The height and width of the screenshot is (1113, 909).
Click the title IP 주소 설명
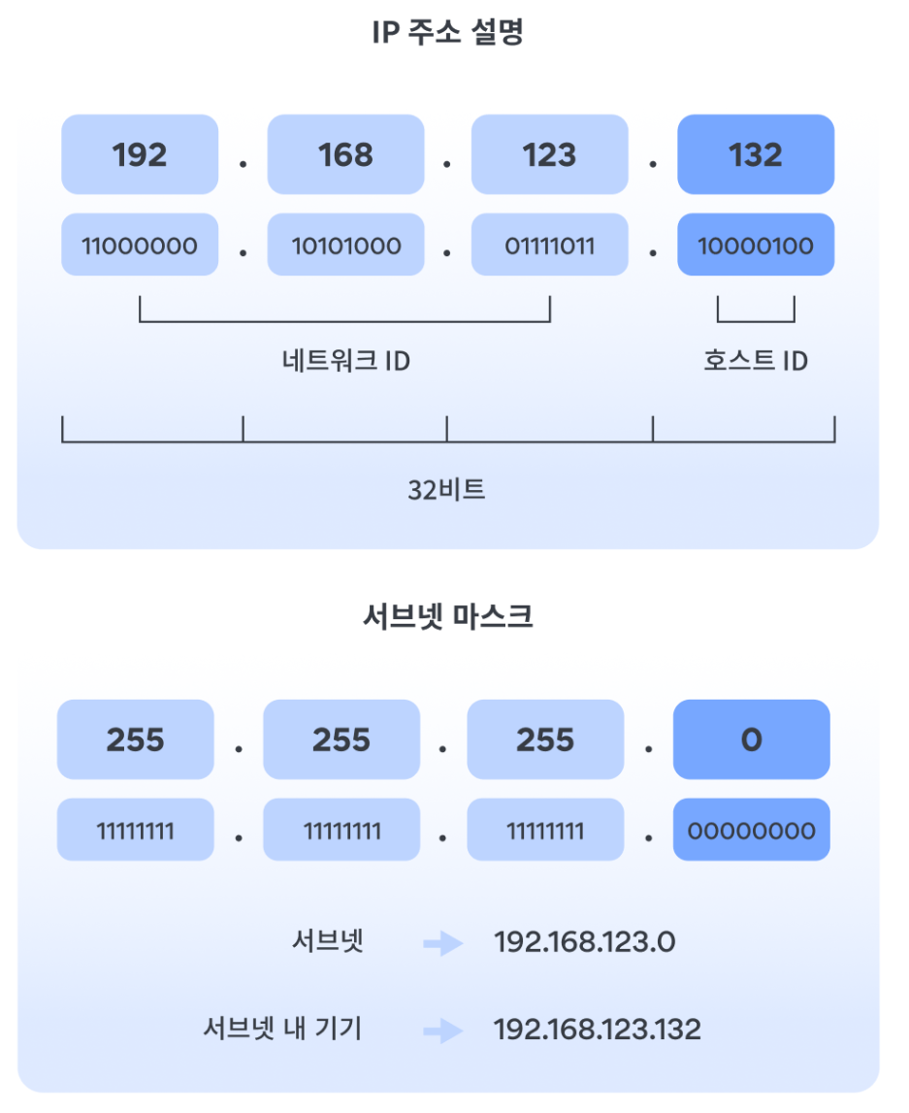pyautogui.click(x=447, y=33)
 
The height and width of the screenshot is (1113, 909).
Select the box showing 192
pyautogui.click(x=140, y=155)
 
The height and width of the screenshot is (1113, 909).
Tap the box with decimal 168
pyautogui.click(x=345, y=155)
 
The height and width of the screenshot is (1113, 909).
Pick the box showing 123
pyautogui.click(x=550, y=155)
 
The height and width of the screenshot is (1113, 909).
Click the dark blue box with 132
pyautogui.click(x=756, y=155)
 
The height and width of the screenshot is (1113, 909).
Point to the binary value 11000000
pyautogui.click(x=140, y=246)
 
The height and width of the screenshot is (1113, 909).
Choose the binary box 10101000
pyautogui.click(x=345, y=246)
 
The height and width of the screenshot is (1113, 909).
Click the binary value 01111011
pyautogui.click(x=550, y=246)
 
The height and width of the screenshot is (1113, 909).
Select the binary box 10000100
pyautogui.click(x=756, y=246)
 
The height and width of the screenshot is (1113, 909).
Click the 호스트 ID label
pyautogui.click(x=756, y=361)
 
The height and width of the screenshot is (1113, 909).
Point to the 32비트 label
pyautogui.click(x=446, y=489)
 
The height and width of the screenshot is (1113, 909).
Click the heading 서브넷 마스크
pyautogui.click(x=447, y=617)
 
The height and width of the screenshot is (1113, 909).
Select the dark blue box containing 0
pyautogui.click(x=752, y=740)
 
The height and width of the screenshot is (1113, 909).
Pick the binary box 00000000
pyautogui.click(x=752, y=831)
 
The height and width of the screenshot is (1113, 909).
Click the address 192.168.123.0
pyautogui.click(x=584, y=942)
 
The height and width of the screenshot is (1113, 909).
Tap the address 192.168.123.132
pyautogui.click(x=597, y=1029)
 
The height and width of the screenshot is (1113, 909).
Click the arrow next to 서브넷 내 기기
pyautogui.click(x=444, y=1030)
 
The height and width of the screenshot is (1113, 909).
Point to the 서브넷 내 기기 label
pyautogui.click(x=282, y=1029)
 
